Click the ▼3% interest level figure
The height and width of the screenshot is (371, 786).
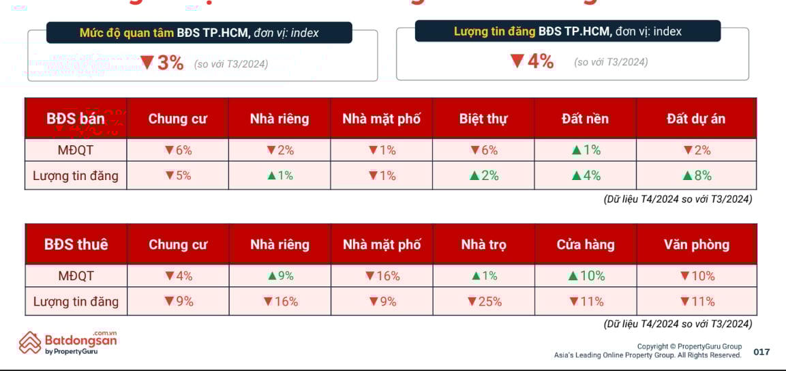click(162, 63)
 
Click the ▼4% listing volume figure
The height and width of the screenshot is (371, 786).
click(532, 61)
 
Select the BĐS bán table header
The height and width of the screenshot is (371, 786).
click(76, 119)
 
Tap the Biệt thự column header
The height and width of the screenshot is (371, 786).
click(483, 119)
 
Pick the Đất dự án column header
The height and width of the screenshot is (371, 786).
click(696, 119)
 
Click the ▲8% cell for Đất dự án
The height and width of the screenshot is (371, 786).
click(697, 175)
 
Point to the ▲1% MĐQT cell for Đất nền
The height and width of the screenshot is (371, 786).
click(586, 150)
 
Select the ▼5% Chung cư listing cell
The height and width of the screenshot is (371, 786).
click(178, 175)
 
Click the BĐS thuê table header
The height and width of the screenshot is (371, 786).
click(76, 244)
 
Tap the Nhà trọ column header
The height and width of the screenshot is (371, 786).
click(483, 244)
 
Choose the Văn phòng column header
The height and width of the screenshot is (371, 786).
click(696, 244)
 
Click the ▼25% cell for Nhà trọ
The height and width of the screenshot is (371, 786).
click(484, 301)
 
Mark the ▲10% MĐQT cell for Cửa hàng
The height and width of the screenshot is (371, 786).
click(586, 276)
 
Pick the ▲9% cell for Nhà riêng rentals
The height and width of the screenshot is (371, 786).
click(280, 276)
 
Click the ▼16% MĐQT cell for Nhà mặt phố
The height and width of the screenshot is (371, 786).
click(382, 276)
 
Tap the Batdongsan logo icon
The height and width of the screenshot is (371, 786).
click(30, 342)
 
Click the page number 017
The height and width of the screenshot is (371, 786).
click(761, 352)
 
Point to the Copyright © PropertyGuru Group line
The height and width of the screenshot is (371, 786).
click(689, 346)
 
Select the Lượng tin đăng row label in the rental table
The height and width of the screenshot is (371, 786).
click(76, 301)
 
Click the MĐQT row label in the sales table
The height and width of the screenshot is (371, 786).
click(76, 150)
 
